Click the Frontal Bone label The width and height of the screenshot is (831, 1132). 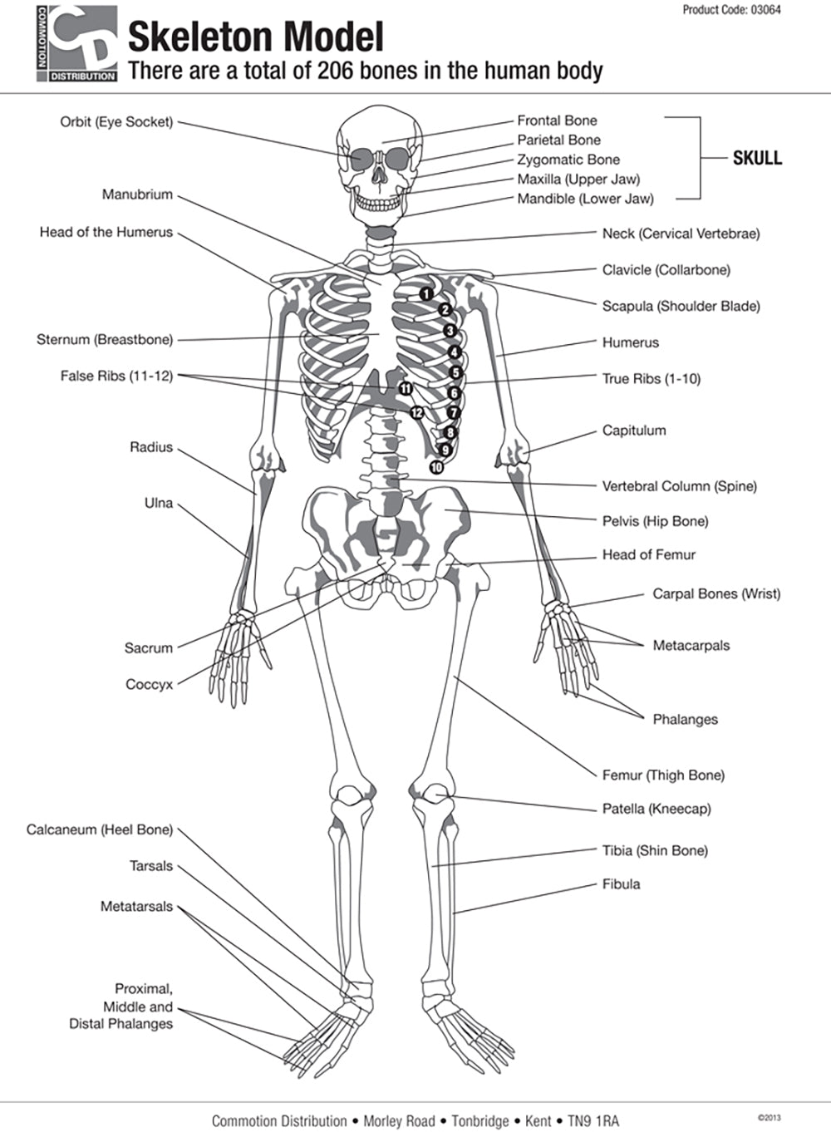(557, 121)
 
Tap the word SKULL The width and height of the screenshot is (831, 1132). (756, 158)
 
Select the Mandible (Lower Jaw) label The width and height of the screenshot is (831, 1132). (585, 199)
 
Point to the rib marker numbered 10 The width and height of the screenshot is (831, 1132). (436, 467)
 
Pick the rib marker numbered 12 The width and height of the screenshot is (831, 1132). (417, 412)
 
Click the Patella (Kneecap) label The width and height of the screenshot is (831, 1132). (656, 809)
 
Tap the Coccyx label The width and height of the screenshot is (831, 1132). (150, 685)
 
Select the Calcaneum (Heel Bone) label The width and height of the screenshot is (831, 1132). (100, 829)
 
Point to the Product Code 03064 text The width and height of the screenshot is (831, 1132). (731, 10)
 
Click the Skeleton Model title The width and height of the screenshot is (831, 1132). (256, 37)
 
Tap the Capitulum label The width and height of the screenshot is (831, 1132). (634, 431)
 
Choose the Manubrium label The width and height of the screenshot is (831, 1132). (137, 194)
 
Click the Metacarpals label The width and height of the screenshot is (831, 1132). (691, 645)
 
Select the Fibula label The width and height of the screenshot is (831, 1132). (621, 884)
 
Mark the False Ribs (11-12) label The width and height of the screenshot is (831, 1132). (116, 376)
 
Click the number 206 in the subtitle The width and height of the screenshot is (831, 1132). (337, 71)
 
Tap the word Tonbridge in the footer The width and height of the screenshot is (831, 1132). (480, 1121)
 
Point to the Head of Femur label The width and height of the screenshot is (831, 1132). (648, 554)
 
